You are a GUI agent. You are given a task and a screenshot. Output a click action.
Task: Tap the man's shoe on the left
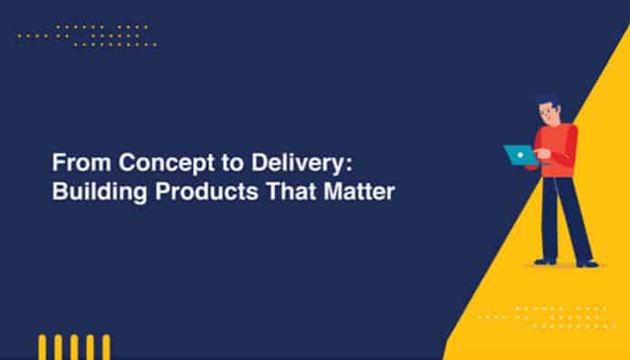(x=543, y=261)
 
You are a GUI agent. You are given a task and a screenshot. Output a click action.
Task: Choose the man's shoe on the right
(x=587, y=263)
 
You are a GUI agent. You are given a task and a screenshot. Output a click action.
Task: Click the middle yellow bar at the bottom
(x=75, y=347)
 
